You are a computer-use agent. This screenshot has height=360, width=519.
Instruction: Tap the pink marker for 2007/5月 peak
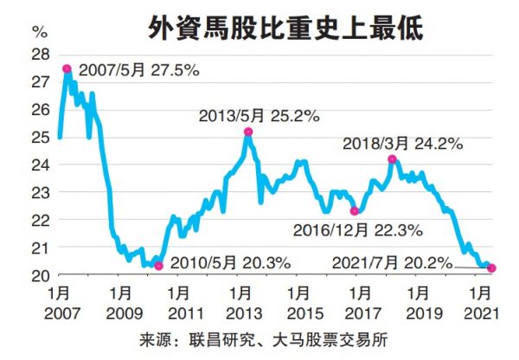67,69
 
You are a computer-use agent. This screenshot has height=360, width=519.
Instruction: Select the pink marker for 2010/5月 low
157,266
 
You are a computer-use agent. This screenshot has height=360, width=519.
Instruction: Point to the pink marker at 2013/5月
248,132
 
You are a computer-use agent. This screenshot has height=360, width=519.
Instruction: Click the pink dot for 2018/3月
392,159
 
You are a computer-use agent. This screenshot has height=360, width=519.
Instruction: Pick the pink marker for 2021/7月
491,268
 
